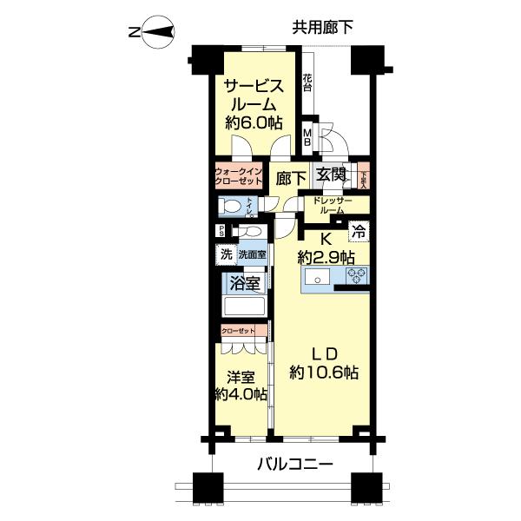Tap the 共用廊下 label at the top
pos(322,28)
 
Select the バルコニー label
pos(294,465)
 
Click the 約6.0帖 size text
pos(254,122)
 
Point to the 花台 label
pos(307,83)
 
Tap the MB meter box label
pos(307,135)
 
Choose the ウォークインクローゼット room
pos(239,177)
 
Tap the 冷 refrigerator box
pos(358,232)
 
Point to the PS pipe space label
pos(221,231)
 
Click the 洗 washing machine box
pos(225,255)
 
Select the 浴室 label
pos(244,283)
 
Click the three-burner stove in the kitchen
pos(355,278)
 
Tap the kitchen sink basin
pos(317,278)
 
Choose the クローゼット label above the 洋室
pos(239,331)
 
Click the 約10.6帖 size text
pos(325,372)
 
